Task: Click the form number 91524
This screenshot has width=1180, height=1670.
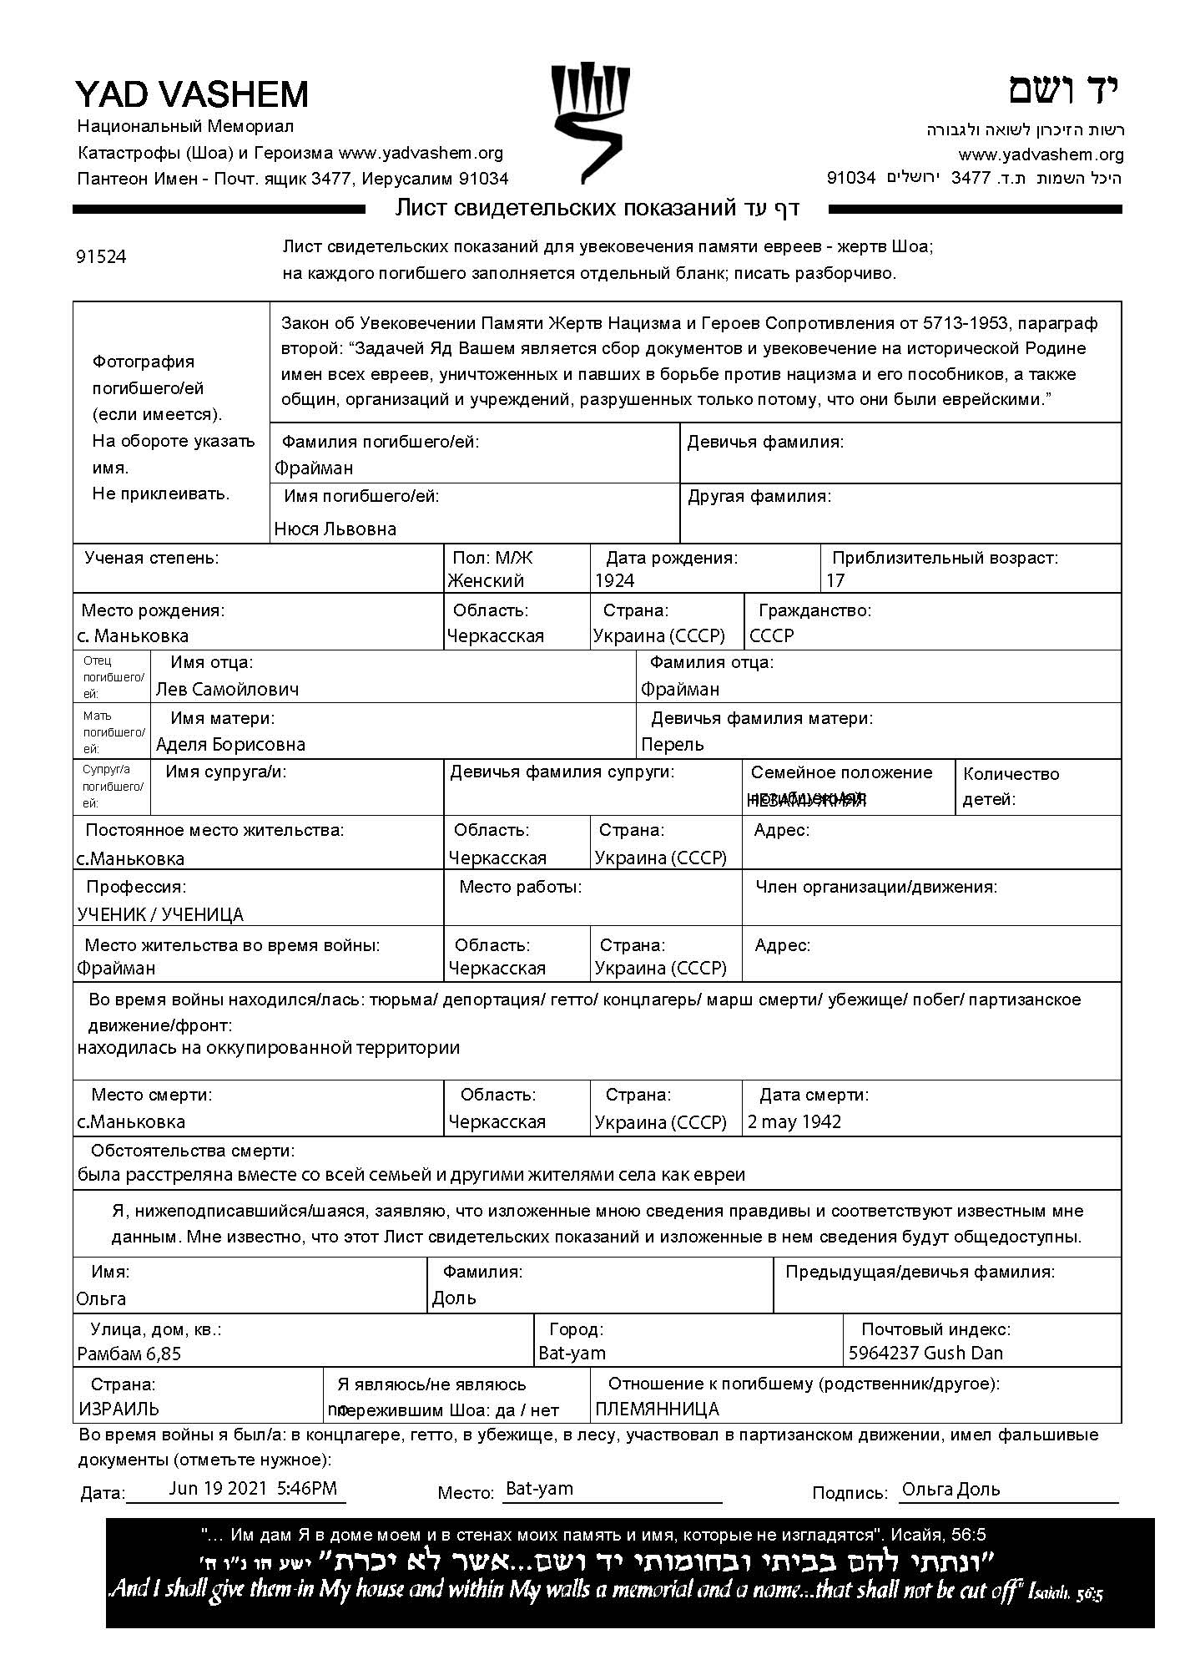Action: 101,257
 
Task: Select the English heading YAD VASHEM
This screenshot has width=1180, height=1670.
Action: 192,94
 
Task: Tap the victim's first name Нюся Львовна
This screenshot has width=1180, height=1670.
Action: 335,529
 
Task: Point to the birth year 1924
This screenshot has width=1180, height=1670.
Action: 614,581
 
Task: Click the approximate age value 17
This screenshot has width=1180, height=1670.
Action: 835,581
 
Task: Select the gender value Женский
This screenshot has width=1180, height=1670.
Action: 486,581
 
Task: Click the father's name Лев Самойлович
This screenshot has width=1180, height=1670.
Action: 227,690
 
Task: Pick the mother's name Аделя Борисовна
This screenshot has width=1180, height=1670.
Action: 230,745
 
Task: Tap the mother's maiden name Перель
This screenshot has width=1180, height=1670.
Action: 673,745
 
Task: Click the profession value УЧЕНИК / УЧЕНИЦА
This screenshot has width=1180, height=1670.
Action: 160,915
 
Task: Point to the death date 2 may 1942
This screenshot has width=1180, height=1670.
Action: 794,1122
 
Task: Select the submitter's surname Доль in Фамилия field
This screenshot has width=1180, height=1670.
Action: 455,1298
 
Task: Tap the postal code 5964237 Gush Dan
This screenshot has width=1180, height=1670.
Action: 925,1354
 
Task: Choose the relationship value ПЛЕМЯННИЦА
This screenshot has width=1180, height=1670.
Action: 657,1409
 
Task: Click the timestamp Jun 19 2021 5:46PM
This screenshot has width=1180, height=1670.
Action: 253,1488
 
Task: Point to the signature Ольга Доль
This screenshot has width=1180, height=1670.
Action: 951,1490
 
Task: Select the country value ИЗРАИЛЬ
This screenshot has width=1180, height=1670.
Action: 119,1409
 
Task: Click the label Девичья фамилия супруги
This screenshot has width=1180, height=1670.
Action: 562,772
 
